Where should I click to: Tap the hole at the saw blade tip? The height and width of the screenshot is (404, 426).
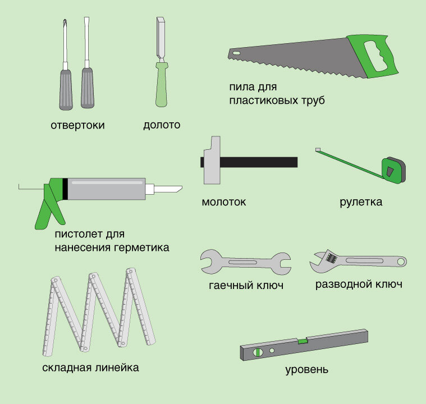pos(236,53)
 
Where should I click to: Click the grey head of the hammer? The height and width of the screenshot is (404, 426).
pos(212,160)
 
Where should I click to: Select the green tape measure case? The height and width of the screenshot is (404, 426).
pos(393,171)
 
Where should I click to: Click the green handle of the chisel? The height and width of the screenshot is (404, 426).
pos(162,85)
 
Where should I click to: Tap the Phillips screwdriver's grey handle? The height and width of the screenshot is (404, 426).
pos(66,90)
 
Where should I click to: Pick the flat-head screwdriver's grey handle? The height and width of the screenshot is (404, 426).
pos(88,88)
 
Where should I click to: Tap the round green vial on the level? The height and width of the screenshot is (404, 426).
pos(258,352)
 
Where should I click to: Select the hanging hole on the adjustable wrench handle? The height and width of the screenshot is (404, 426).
pos(401,262)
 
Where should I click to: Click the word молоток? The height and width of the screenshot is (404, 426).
pos(224,202)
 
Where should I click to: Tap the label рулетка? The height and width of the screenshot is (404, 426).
pos(361,202)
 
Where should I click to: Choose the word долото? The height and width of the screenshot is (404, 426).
pos(162,125)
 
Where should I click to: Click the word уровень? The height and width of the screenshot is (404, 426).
pos(306,370)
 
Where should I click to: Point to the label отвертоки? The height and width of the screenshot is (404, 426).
pos(77,125)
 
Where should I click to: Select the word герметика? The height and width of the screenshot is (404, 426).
pos(141,248)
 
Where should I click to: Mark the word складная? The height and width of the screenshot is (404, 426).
pos(67,368)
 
